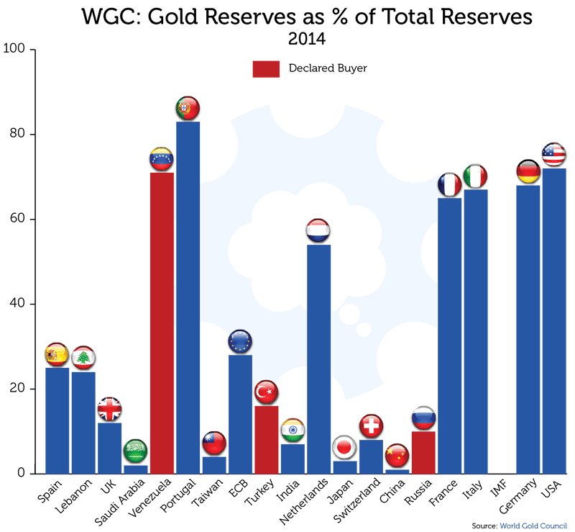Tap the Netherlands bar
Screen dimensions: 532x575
coord(318,360)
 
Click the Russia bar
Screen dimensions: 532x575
coord(423,453)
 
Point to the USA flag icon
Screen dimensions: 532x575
coord(553,155)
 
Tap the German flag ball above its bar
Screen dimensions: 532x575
coord(528,172)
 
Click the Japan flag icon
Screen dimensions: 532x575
coord(344,448)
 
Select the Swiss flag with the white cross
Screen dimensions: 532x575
coord(371,426)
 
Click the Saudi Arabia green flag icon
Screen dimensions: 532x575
coord(135,451)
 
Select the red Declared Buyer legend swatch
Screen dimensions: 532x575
coord(265,68)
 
